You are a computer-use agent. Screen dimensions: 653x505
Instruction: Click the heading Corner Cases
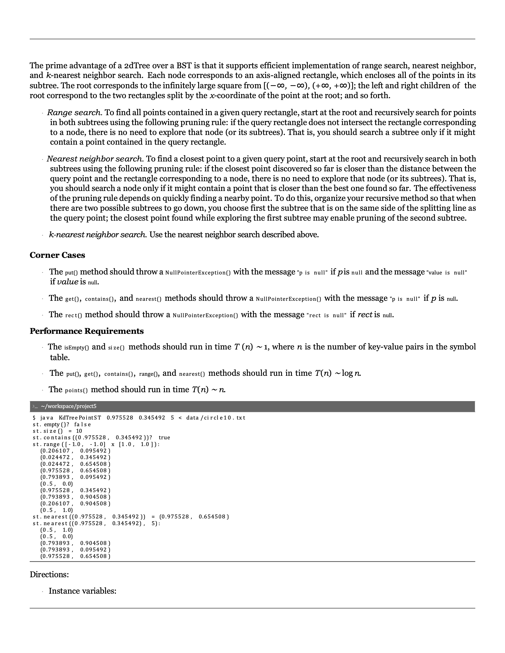57,255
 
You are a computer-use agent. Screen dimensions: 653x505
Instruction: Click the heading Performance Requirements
87,331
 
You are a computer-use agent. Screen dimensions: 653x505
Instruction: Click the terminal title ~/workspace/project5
69,406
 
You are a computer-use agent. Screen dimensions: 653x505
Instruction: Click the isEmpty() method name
76,347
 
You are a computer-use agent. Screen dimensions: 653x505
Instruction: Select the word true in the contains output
164,438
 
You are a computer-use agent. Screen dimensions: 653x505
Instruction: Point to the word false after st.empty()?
83,424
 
